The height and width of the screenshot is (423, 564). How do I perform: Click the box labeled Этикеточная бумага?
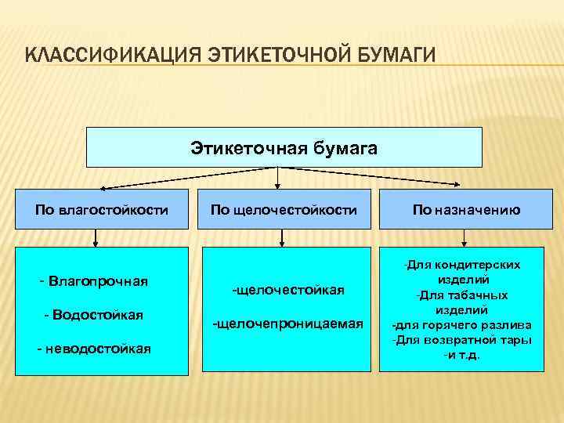284,148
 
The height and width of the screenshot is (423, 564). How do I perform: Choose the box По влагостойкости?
102,209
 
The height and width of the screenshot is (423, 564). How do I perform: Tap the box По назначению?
466,209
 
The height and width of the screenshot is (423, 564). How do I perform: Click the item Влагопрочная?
98,280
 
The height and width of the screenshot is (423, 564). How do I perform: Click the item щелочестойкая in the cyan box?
288,290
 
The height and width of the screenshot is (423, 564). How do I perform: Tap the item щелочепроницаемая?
288,324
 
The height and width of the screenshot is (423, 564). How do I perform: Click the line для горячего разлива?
461,325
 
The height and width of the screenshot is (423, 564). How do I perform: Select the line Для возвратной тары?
462,340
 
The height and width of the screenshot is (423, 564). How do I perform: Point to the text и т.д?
462,355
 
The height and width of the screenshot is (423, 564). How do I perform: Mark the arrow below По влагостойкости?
96,237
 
